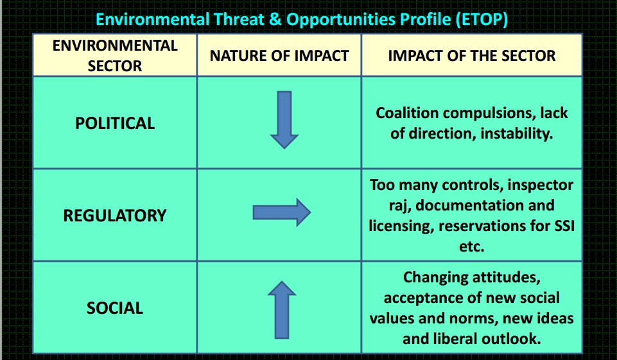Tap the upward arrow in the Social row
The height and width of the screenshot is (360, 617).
point(281,311)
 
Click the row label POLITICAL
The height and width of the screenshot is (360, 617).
point(115,123)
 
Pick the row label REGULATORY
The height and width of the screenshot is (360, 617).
point(115,216)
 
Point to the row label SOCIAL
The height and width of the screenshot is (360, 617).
point(115,308)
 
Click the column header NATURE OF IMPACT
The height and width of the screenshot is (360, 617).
point(279,56)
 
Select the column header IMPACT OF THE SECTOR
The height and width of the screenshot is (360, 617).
point(472,56)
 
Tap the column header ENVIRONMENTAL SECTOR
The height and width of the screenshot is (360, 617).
point(115,56)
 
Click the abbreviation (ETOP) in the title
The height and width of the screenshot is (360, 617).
point(482,19)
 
